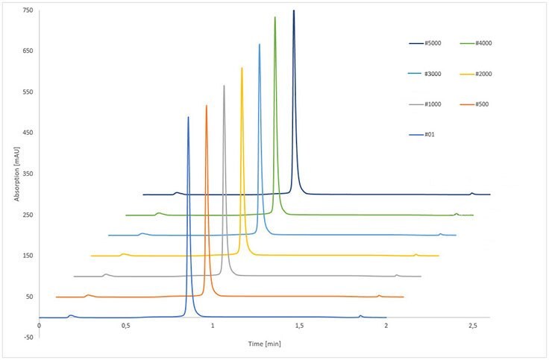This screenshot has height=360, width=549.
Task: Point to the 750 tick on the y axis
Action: tap(28, 10)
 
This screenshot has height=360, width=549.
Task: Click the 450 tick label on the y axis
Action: tap(28, 133)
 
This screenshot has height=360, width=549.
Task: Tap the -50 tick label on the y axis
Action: tap(28, 338)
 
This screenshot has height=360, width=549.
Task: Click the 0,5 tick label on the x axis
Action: tap(125, 326)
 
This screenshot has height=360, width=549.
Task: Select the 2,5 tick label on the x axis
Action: tap(472, 326)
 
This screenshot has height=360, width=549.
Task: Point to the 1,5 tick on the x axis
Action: tap(299, 326)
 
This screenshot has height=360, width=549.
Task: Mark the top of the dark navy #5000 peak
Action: tap(294, 10)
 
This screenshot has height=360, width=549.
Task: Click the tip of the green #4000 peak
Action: tap(275, 17)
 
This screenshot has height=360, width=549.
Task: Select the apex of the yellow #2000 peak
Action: tap(242, 68)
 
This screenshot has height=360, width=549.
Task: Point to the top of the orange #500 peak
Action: tap(207, 106)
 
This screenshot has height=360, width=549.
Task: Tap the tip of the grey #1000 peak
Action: tap(224, 86)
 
